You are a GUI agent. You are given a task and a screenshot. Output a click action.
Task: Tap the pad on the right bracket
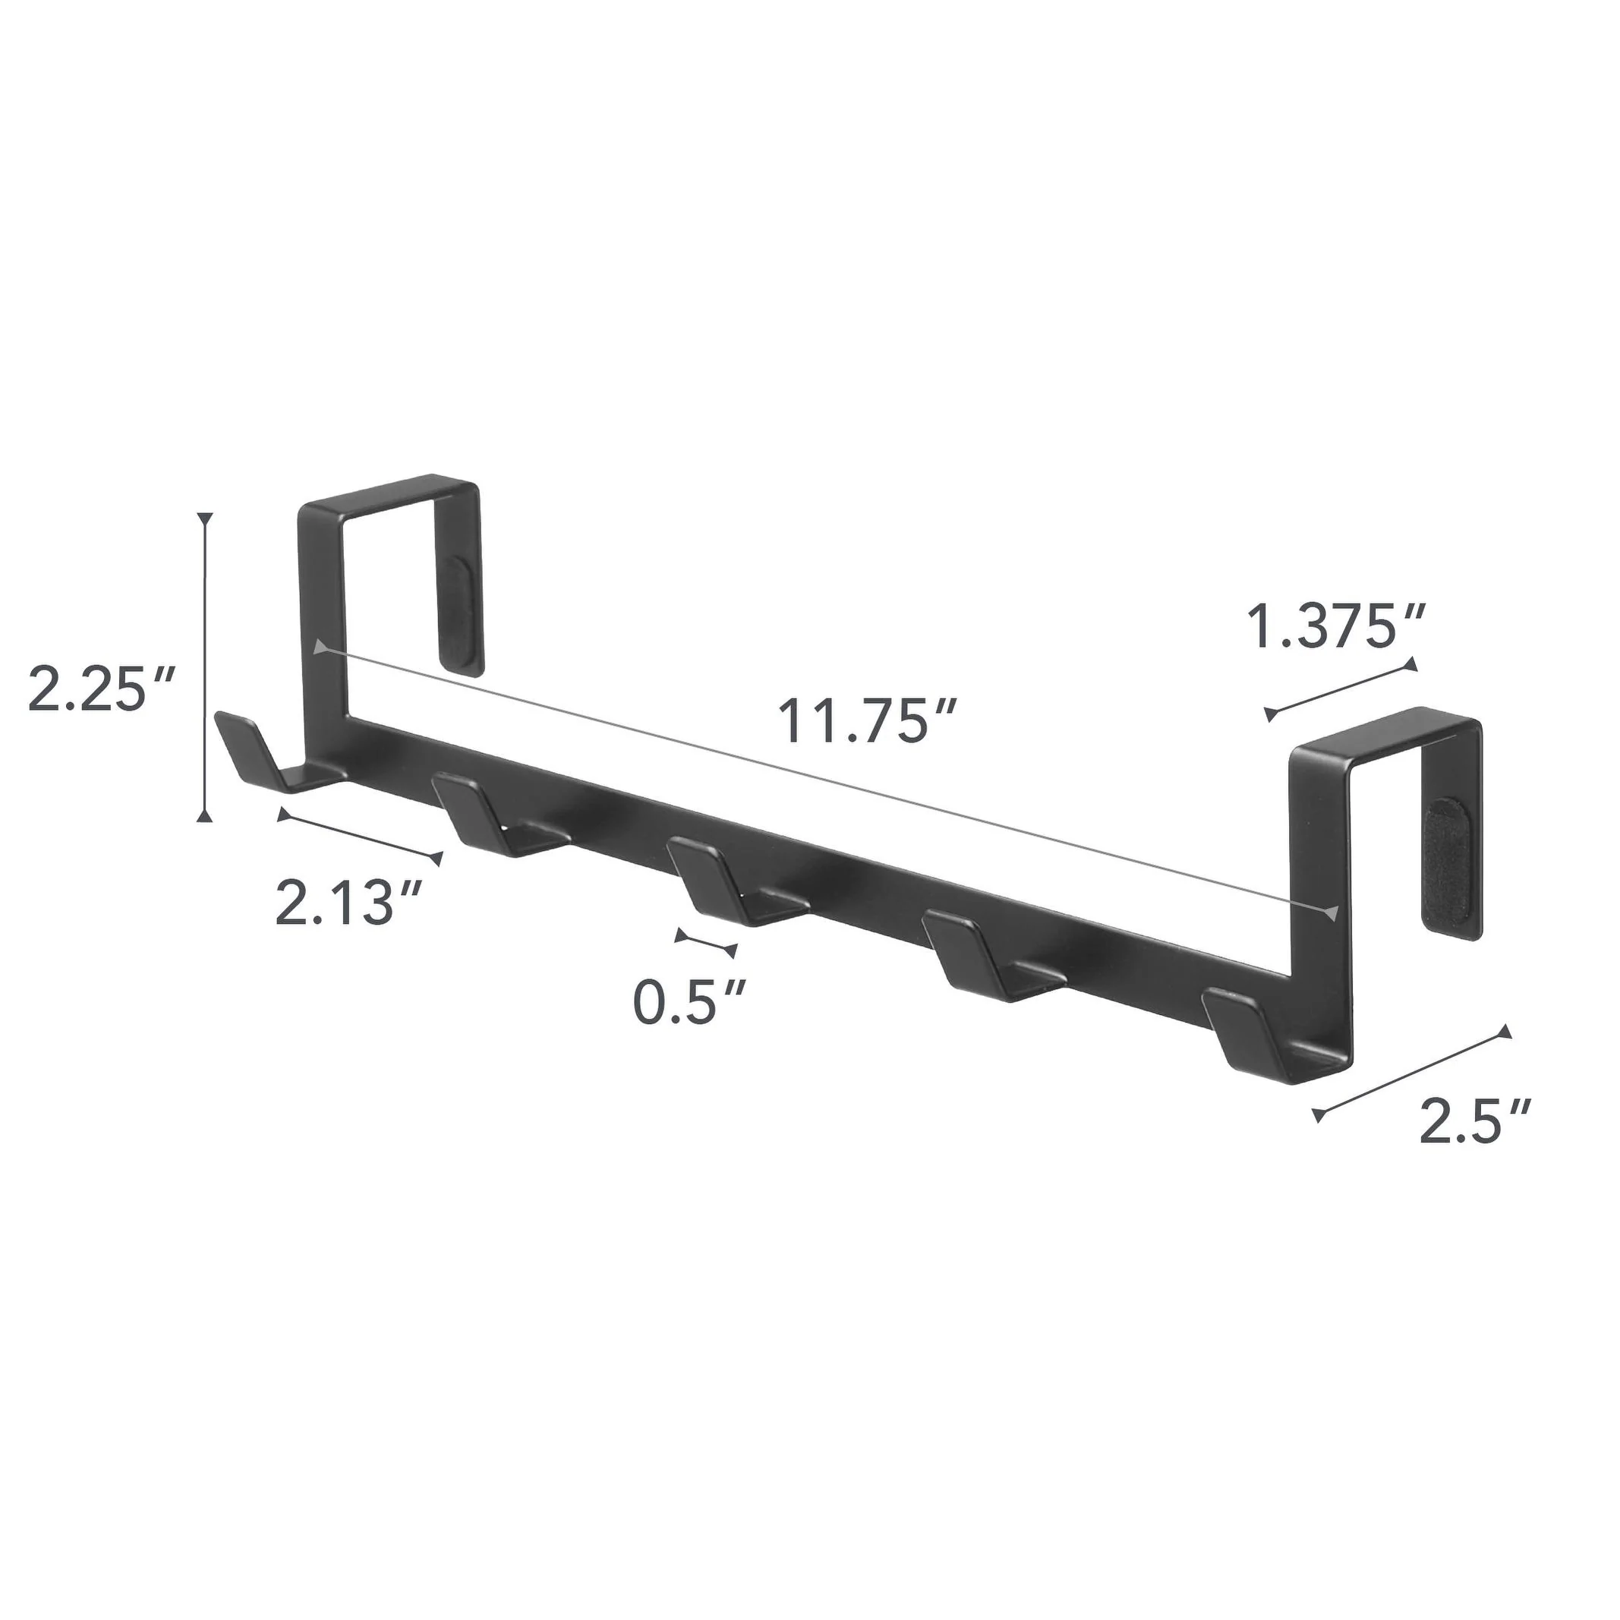coord(1446,864)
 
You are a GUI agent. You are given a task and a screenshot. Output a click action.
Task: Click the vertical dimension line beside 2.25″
coord(206,666)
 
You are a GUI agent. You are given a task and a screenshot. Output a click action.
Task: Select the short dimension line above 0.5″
coord(706,943)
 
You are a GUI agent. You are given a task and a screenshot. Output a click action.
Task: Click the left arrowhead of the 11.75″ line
coord(320,647)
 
